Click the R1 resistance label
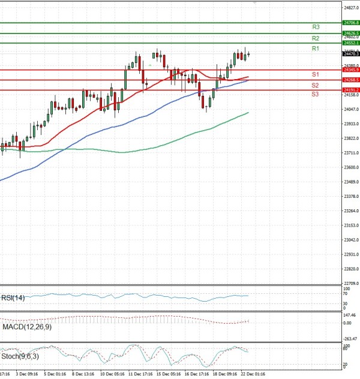pos(316,48)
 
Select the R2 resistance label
pos(316,38)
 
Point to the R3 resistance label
pos(316,27)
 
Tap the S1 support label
pos(315,74)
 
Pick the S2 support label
pos(315,85)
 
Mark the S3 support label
pos(315,95)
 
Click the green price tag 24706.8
pos(350,22)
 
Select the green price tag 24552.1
pos(350,43)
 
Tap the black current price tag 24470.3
pos(350,54)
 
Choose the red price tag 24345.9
pos(350,70)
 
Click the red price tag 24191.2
pos(350,90)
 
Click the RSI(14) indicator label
pos(13,297)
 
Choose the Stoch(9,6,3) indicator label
pos(19,357)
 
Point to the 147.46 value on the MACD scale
pos(350,314)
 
